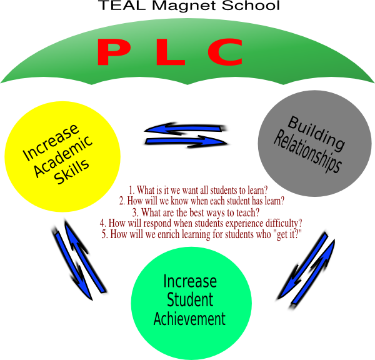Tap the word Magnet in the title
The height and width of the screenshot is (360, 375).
pyautogui.click(x=174, y=7)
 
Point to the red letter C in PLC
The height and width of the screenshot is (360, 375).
pyautogui.click(x=225, y=52)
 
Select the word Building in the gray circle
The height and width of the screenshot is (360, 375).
pyautogui.click(x=316, y=132)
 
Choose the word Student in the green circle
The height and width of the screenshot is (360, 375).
pyautogui.click(x=190, y=300)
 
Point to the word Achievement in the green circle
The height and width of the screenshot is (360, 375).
pyautogui.click(x=189, y=319)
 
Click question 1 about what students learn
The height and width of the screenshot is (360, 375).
pyautogui.click(x=198, y=190)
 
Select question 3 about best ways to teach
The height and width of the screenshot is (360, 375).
pyautogui.click(x=196, y=212)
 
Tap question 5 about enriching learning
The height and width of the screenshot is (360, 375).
pyautogui.click(x=201, y=234)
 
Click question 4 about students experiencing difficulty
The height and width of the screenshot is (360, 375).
pyautogui.click(x=201, y=223)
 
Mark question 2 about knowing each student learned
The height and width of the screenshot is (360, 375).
pyautogui.click(x=201, y=201)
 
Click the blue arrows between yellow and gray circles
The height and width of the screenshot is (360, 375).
pyautogui.click(x=186, y=135)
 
